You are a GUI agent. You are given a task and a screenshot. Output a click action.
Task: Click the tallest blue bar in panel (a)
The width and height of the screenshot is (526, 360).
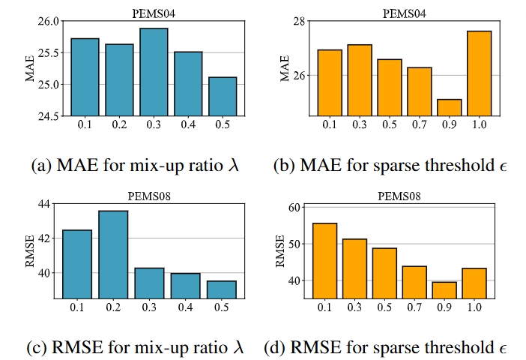point(153,71)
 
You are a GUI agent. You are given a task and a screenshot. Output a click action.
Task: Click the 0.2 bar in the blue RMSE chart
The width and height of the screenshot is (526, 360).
point(113,254)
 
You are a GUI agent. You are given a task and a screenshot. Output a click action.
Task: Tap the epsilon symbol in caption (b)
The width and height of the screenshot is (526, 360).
point(503,165)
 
